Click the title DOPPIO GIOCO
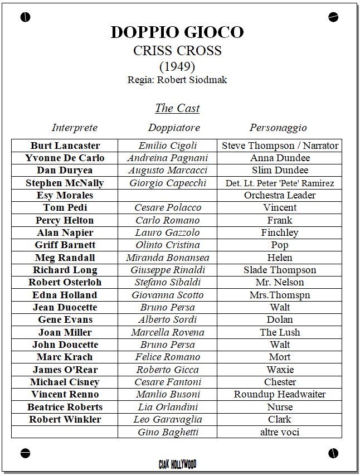[177, 32]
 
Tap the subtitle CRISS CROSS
[177, 51]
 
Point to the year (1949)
[177, 66]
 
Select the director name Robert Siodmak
[192, 80]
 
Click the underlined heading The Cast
[177, 108]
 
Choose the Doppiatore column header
[174, 128]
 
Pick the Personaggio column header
[278, 128]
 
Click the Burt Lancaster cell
[65, 146]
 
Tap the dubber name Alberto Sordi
[167, 319]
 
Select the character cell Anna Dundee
[280, 158]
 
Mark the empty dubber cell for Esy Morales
[167, 195]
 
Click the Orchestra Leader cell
[280, 195]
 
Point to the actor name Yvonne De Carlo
[65, 158]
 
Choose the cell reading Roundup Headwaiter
[280, 394]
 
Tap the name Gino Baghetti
[167, 432]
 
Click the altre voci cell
[280, 432]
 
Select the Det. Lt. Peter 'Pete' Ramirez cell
[280, 183]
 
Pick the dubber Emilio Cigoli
[167, 146]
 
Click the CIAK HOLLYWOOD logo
[177, 464]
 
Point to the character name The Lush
[280, 332]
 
